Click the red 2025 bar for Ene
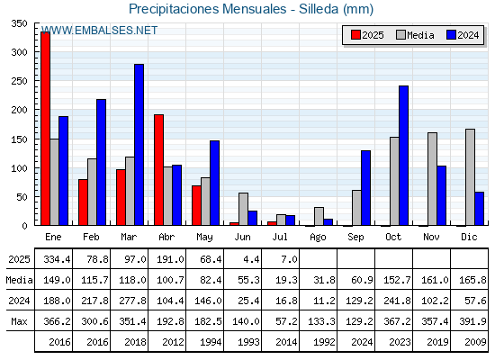pos(45,129)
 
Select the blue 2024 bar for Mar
pos(139,145)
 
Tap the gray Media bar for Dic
pos(470,177)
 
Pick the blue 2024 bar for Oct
pos(404,156)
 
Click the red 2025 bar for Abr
pos(158,170)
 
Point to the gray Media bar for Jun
pos(243,209)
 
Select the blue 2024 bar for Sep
pos(365,188)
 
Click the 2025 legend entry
pos(367,35)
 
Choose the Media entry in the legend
pos(415,35)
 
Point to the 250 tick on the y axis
pos(19,81)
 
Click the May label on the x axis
pos(204,238)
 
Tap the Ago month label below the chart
pos(318,238)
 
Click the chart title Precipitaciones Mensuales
pos(207,9)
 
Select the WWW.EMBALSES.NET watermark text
pos(99,31)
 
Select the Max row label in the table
pos(19,321)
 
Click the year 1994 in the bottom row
pos(211,342)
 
